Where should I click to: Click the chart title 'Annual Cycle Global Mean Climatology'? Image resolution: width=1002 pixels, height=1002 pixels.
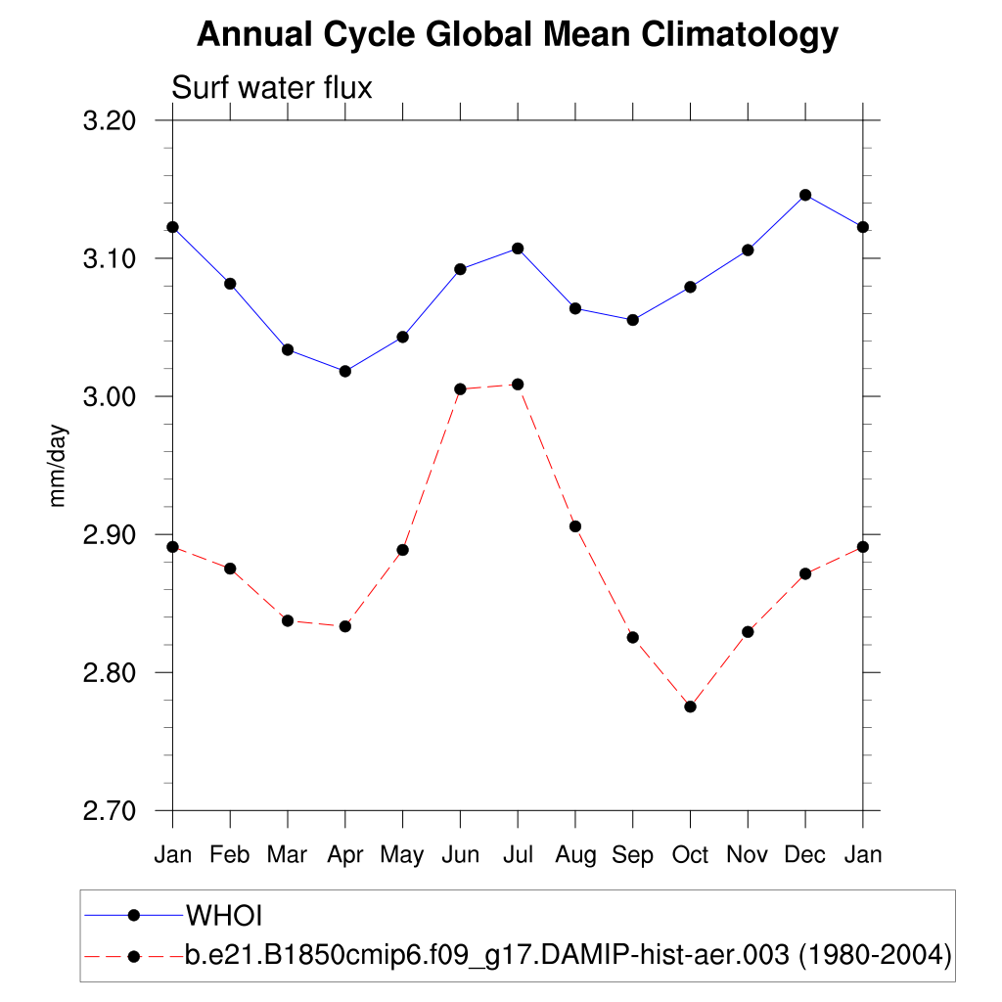coord(518,34)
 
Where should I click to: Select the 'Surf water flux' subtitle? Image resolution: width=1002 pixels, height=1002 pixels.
coord(272,88)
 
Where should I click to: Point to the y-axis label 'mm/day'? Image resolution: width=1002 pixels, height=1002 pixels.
coord(58,466)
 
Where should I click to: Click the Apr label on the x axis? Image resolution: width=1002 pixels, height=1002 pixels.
coord(344,855)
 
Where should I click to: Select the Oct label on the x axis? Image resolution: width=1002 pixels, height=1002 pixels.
coord(690,855)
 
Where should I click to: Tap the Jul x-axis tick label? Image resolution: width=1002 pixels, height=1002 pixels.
coord(518,855)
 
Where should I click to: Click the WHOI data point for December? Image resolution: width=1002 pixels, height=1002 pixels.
coord(805,195)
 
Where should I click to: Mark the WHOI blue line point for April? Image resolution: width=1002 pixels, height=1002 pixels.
coord(344,371)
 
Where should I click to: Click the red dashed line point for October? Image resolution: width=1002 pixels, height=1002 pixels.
coord(690,706)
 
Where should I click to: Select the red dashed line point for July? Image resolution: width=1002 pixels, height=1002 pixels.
coord(518,384)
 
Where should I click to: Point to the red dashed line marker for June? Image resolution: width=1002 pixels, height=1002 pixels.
coord(460,388)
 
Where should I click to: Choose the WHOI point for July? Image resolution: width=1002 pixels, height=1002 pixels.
coord(518,249)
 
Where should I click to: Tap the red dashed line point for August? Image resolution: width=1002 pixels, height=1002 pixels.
coord(575,526)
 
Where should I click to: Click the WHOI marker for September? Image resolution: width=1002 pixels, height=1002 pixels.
coord(632,320)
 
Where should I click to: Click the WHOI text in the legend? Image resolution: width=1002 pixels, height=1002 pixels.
coord(225,916)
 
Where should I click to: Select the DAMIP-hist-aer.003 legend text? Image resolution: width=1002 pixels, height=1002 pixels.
coord(569,954)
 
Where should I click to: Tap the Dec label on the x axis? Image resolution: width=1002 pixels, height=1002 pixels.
coord(805,855)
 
